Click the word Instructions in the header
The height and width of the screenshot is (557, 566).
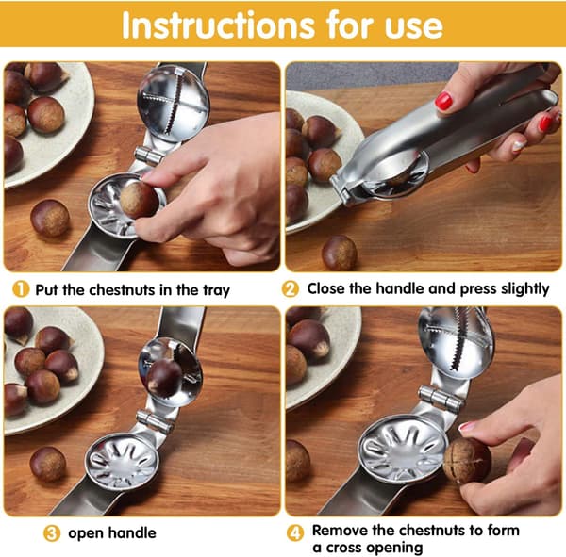pyautogui.click(x=219, y=25)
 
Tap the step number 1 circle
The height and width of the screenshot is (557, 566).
pyautogui.click(x=21, y=289)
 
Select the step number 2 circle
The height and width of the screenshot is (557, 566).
pyautogui.click(x=291, y=289)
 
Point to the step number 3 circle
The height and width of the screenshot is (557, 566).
pyautogui.click(x=52, y=533)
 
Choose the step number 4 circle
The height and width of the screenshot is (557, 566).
pyautogui.click(x=295, y=533)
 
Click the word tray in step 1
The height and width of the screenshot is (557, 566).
pyautogui.click(x=216, y=291)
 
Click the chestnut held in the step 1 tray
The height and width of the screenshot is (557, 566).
pyautogui.click(x=140, y=200)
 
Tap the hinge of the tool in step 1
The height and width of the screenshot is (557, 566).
pyautogui.click(x=149, y=156)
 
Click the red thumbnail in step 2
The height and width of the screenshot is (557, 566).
pyautogui.click(x=443, y=101)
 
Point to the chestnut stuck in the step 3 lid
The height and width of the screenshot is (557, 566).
pyautogui.click(x=164, y=378)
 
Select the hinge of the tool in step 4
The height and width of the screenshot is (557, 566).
pyautogui.click(x=440, y=398)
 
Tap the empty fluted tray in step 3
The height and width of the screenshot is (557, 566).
pyautogui.click(x=122, y=462)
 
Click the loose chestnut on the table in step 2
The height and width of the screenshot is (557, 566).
pyautogui.click(x=339, y=253)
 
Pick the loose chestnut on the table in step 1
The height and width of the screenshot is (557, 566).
pyautogui.click(x=50, y=219)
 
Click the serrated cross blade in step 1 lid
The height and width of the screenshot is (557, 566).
pyautogui.click(x=170, y=101)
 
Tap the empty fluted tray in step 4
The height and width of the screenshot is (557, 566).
pyautogui.click(x=403, y=449)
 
